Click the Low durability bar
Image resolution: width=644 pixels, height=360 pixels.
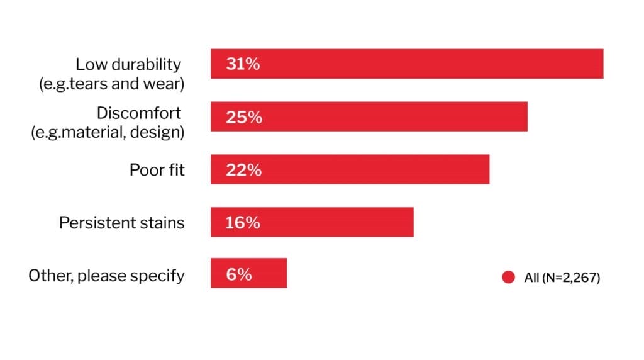point(407,64)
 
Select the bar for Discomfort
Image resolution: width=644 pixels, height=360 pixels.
point(369,116)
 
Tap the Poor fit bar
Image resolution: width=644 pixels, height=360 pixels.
point(350,169)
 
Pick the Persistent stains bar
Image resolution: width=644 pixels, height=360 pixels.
point(312,222)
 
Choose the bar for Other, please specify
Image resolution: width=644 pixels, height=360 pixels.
point(248,273)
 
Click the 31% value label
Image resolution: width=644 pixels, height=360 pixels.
point(243,64)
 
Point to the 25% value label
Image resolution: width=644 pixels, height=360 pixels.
point(243,117)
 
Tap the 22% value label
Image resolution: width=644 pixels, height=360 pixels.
point(243,170)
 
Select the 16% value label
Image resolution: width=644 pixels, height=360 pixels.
point(243,223)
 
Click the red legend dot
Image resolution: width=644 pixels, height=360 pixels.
point(508,277)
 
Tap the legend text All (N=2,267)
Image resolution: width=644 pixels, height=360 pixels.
point(562,278)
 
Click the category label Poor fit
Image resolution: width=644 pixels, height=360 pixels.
point(157,170)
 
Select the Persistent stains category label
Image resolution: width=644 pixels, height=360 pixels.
point(122,223)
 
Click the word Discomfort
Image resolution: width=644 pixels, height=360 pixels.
point(138,113)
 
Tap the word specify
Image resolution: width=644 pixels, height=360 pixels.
point(162,276)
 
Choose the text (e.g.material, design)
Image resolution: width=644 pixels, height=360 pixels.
point(108,133)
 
